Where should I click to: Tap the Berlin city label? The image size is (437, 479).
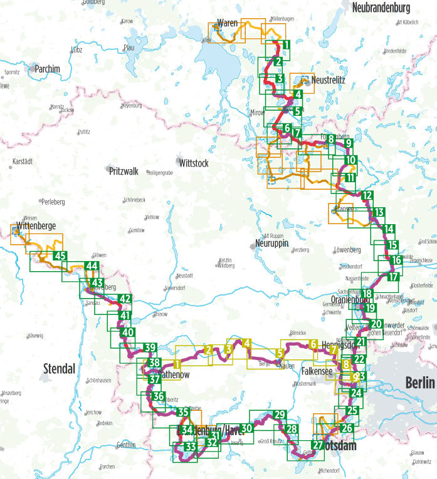coord(420,383)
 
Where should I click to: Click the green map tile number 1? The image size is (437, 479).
coord(286,45)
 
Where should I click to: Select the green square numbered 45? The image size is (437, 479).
coord(60,255)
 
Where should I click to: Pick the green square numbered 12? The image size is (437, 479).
coord(367,196)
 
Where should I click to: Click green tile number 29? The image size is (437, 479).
coord(280,415)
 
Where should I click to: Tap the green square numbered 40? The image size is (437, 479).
coord(128,332)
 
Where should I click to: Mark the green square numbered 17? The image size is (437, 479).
coord(393,277)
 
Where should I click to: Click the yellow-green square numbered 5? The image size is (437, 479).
coord(280,353)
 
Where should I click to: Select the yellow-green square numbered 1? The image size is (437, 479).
coord(177,364)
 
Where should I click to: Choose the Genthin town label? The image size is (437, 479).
coord(126,445)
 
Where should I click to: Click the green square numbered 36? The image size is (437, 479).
coord(159,396)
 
